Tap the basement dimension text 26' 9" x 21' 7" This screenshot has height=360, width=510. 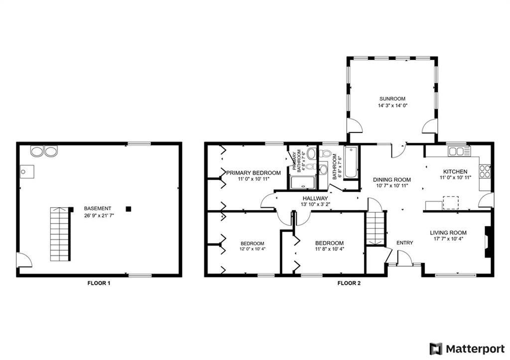[x=98, y=216]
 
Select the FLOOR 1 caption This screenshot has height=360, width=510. [x=99, y=283]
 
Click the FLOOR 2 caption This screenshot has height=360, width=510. [x=349, y=283]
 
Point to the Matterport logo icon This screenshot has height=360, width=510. [x=436, y=348]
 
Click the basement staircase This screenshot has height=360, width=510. [x=60, y=234]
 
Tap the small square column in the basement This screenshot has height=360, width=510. [x=128, y=209]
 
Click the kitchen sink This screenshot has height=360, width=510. [x=457, y=151]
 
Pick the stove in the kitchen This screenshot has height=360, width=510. [x=485, y=171]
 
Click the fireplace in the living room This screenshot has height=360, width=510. [x=489, y=242]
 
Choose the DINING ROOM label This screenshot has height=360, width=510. [x=392, y=180]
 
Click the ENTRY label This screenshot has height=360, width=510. [x=404, y=242]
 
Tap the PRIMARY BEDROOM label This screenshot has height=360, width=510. [x=254, y=173]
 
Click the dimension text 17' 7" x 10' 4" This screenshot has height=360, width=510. [x=448, y=239]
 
